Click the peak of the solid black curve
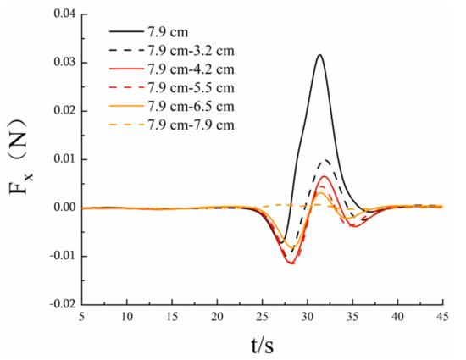click(x=319, y=55)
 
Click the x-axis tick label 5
click(x=82, y=316)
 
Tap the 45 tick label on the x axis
click(x=441, y=316)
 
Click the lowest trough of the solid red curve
click(x=291, y=263)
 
